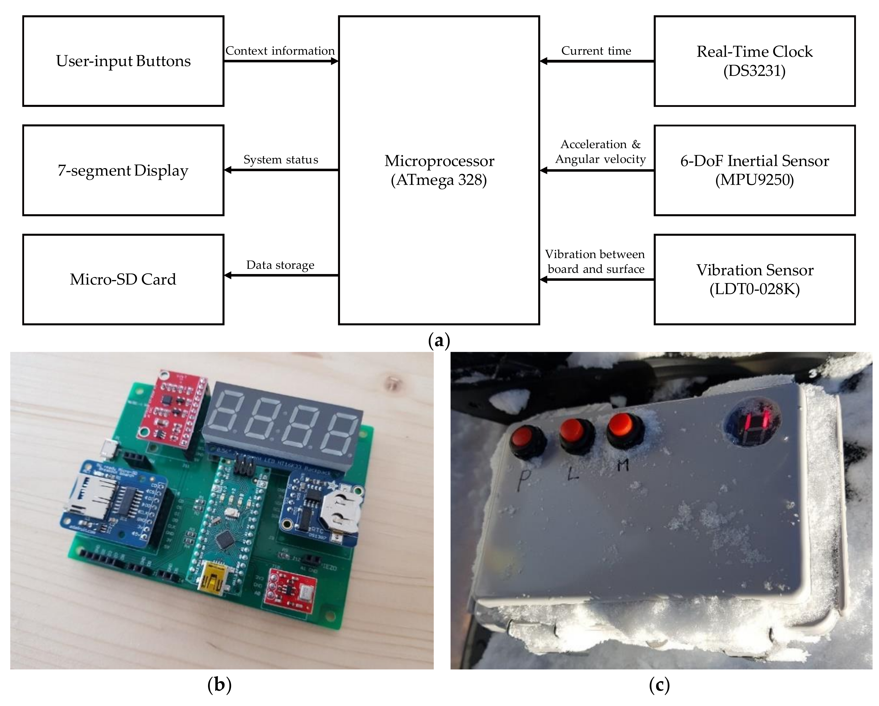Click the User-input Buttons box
[123, 61]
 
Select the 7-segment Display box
[123, 170]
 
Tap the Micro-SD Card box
[123, 280]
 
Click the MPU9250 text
[754, 180]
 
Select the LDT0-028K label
[754, 289]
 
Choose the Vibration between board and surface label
[595, 262]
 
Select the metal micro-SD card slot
[87, 497]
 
